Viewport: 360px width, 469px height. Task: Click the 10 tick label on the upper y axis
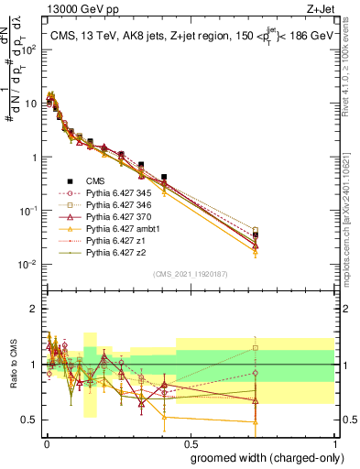click(33, 103)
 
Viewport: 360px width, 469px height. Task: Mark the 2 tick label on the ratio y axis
click(35, 309)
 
